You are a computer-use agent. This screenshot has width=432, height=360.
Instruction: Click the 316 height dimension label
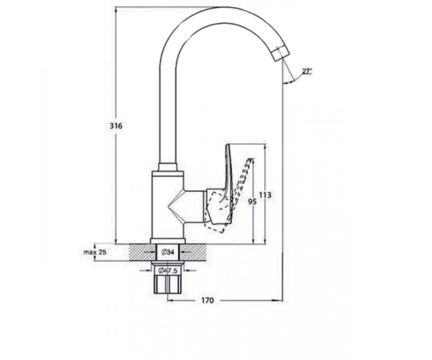116,126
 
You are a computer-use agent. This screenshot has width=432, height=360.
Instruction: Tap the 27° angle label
307,72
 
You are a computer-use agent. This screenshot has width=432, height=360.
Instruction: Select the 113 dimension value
265,195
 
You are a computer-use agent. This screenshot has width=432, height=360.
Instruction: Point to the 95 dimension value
252,201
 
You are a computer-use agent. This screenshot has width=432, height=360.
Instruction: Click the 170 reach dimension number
207,300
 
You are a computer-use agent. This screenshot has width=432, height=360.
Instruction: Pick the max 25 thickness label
95,252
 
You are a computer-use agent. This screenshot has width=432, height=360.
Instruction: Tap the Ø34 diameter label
168,252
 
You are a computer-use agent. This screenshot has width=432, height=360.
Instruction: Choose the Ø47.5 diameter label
168,271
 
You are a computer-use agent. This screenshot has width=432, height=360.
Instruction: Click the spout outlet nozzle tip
280,53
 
